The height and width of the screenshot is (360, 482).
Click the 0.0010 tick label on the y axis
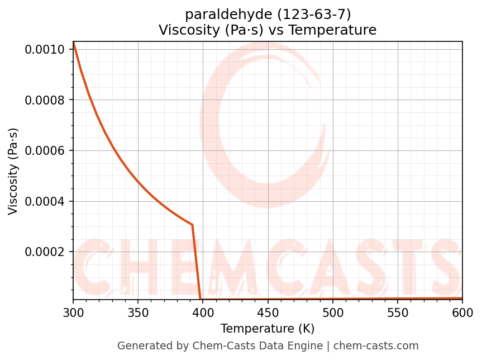[x=48, y=50]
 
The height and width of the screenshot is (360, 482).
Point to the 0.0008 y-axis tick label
[x=48, y=100]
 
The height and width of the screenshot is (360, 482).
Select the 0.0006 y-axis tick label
[x=48, y=150]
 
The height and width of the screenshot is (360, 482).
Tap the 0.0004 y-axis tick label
[x=48, y=201]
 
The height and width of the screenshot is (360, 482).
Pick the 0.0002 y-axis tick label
[x=48, y=252]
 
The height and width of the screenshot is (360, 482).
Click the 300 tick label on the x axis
[x=73, y=312]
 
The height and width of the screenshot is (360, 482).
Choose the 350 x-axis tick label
[x=138, y=312]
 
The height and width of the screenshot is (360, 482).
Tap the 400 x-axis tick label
[x=203, y=312]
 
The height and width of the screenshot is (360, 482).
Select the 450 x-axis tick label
[x=268, y=312]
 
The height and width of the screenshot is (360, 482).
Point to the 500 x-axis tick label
[x=332, y=312]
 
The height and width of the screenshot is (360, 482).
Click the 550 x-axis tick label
[x=398, y=312]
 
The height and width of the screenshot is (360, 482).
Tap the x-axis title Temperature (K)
[x=268, y=328]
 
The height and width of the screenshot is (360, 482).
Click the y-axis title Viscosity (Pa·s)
[x=13, y=171]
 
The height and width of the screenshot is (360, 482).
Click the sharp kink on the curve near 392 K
[x=192, y=225]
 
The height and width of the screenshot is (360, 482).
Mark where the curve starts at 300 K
[x=73, y=42]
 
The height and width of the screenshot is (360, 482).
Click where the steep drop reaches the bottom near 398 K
[x=201, y=299]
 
